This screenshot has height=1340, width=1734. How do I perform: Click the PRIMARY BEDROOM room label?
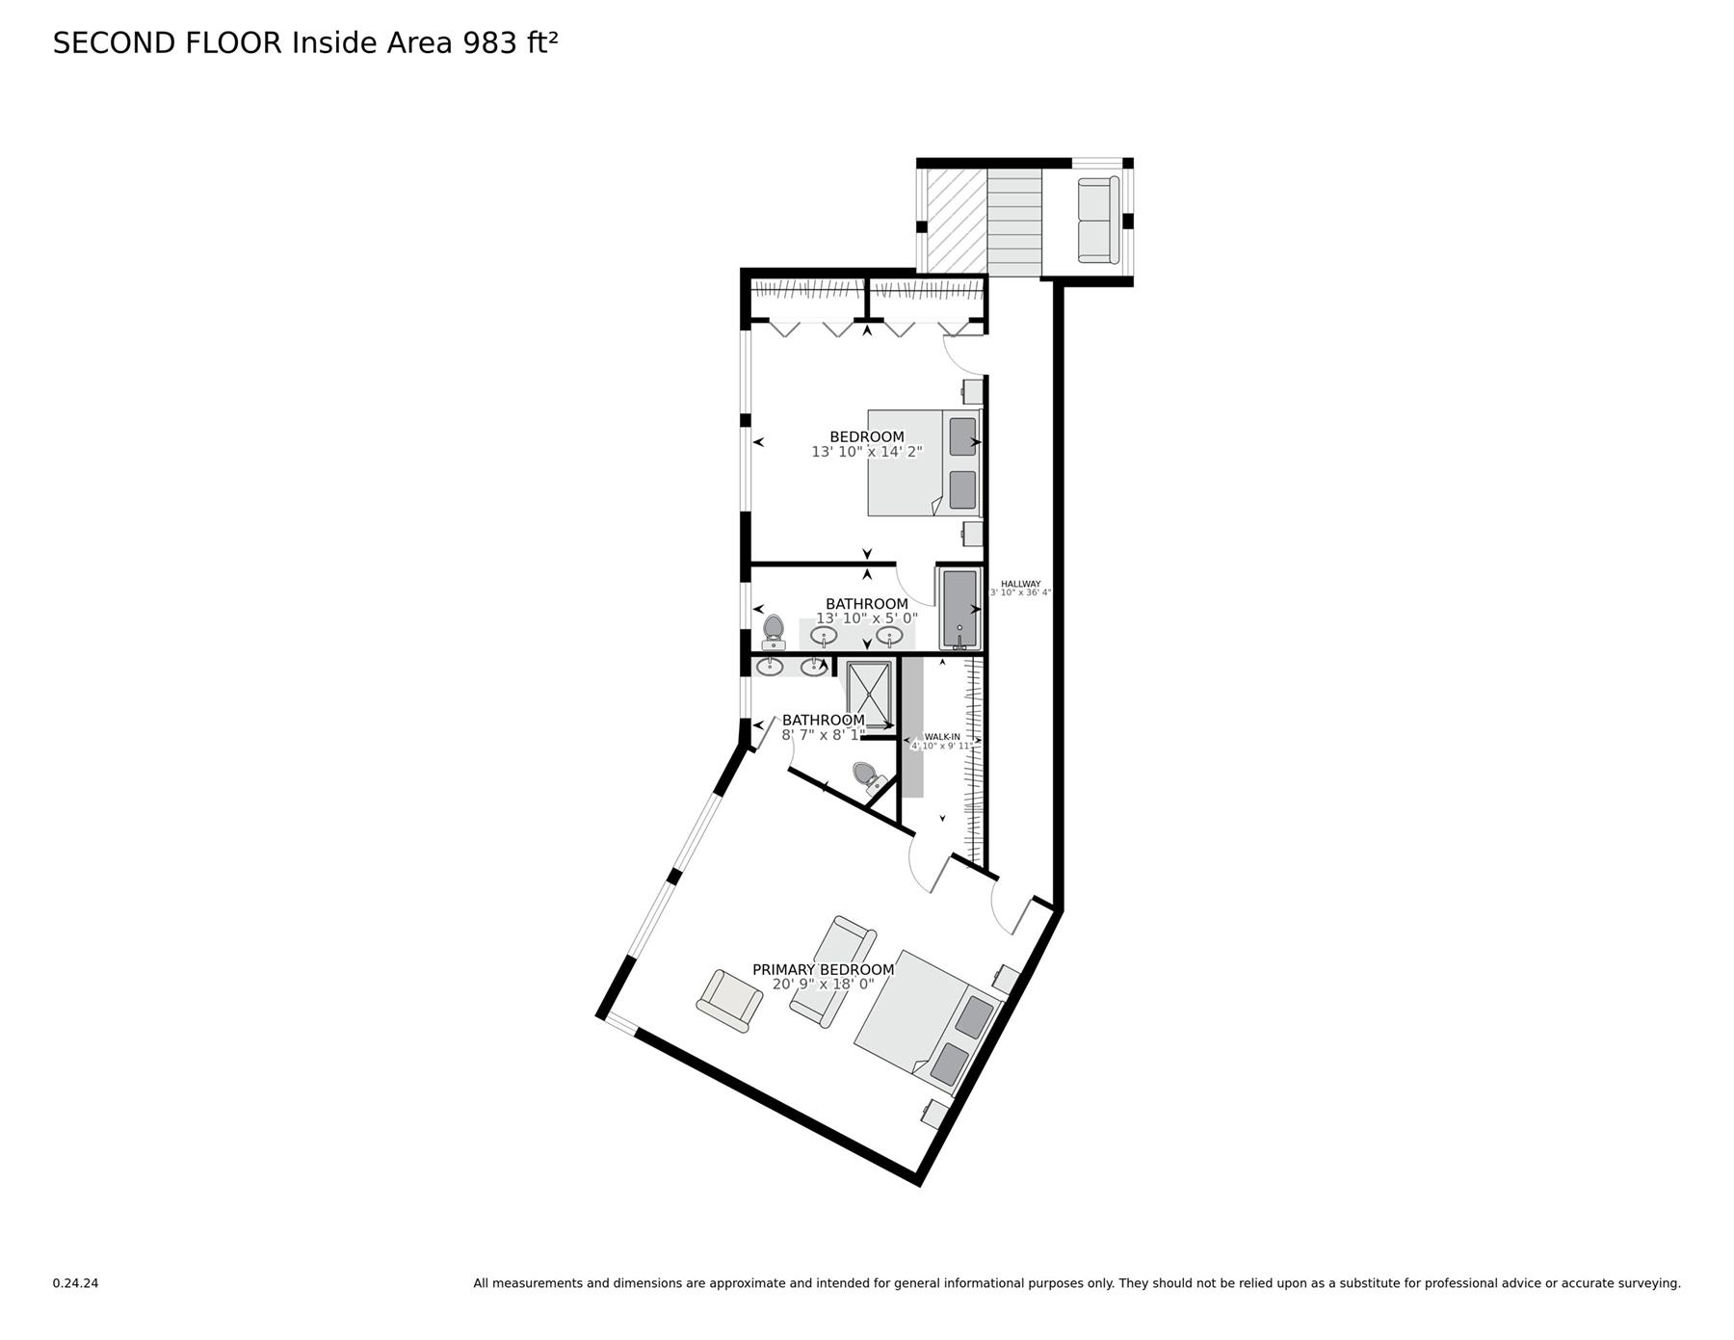(823, 969)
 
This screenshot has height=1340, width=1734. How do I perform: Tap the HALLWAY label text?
(1020, 584)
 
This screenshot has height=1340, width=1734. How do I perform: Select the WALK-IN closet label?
(942, 737)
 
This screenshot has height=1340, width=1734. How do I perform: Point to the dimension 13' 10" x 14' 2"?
(867, 452)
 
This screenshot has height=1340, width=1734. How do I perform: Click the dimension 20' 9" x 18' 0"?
(823, 985)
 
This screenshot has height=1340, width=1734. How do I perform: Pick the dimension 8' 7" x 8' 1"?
(823, 735)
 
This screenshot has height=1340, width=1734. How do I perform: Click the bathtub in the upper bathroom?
(959, 609)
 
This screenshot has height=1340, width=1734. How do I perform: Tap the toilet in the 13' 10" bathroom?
(773, 632)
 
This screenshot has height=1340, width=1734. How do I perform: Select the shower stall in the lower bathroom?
(870, 694)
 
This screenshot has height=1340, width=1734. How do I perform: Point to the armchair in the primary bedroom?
(729, 1001)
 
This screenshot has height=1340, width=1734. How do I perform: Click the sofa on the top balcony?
(1098, 220)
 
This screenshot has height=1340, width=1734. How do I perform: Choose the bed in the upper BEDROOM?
(923, 462)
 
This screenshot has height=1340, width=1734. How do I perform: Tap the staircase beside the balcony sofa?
(1014, 222)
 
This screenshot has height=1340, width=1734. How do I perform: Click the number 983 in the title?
(490, 43)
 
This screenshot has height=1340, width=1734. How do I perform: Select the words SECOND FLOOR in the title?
(168, 43)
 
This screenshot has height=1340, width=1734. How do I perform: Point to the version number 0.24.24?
(75, 1283)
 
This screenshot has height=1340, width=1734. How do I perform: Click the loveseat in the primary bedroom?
(832, 971)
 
